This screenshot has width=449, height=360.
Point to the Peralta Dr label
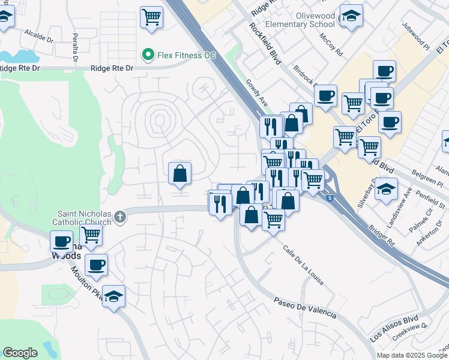(76, 47)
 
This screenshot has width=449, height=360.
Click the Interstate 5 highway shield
(330, 197)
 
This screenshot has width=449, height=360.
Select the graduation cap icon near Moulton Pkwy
(113, 297)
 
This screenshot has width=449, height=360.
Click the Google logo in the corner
(20, 353)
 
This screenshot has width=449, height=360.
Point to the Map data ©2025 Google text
(411, 355)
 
